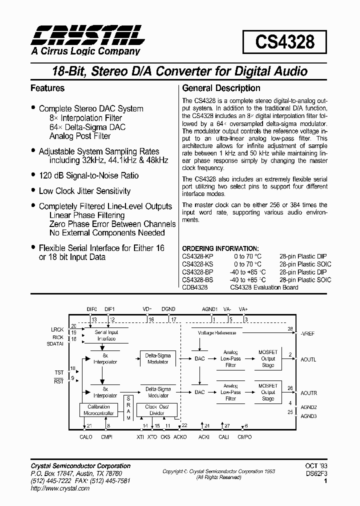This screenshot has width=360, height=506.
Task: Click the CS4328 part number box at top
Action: click(x=285, y=42)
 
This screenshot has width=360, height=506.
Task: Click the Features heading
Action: click(x=47, y=88)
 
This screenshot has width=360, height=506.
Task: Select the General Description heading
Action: click(x=221, y=88)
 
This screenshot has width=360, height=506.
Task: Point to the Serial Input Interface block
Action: click(x=106, y=335)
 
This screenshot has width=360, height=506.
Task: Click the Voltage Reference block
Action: click(x=217, y=332)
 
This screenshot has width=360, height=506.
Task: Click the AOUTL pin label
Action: click(x=308, y=359)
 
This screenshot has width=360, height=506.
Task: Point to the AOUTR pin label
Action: click(x=309, y=393)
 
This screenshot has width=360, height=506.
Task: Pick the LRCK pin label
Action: click(x=57, y=329)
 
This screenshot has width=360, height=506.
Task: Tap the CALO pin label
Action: click(x=86, y=437)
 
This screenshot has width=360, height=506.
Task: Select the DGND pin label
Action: click(x=168, y=309)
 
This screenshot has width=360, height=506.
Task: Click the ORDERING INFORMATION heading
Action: click(x=220, y=248)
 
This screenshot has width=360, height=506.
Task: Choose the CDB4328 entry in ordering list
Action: click(x=195, y=287)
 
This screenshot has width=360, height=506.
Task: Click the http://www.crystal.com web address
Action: click(x=60, y=488)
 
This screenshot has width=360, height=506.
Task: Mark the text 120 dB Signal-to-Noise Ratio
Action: click(x=88, y=176)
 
